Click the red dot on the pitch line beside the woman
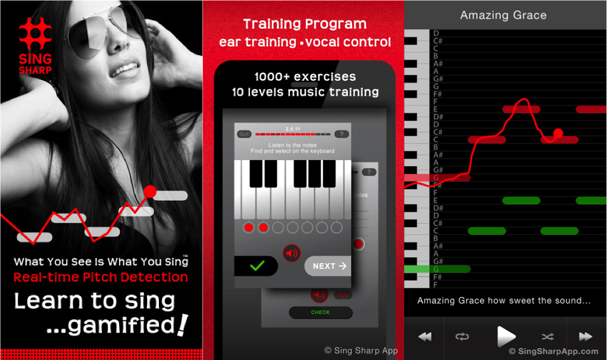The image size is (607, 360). tap(150, 192)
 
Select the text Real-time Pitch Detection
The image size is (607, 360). tap(101, 277)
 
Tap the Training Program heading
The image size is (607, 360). tap(305, 24)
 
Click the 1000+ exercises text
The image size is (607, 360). tap(305, 77)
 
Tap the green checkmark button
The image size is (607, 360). tap(256, 266)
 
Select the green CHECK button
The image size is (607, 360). tap(320, 313)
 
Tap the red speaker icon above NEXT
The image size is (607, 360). tap(292, 253)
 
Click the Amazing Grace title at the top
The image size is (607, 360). tap(503, 15)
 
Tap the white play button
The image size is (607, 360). tap(506, 336)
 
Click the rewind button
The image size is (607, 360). tap(424, 336)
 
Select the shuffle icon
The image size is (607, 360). tap(547, 336)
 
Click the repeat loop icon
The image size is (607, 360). tap(462, 336)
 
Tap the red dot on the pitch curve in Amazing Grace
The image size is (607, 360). tap(558, 133)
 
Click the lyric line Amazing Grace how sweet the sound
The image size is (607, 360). tap(504, 301)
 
